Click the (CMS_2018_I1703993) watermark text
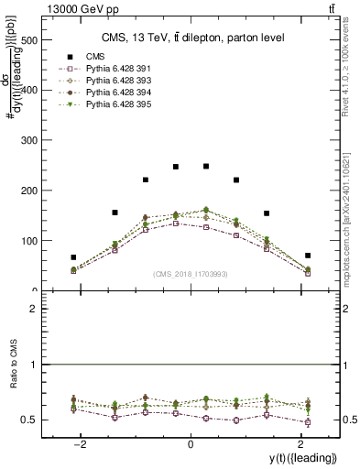tap(191, 274)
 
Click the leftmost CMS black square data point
tap(73, 257)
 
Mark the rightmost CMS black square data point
tap(308, 256)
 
